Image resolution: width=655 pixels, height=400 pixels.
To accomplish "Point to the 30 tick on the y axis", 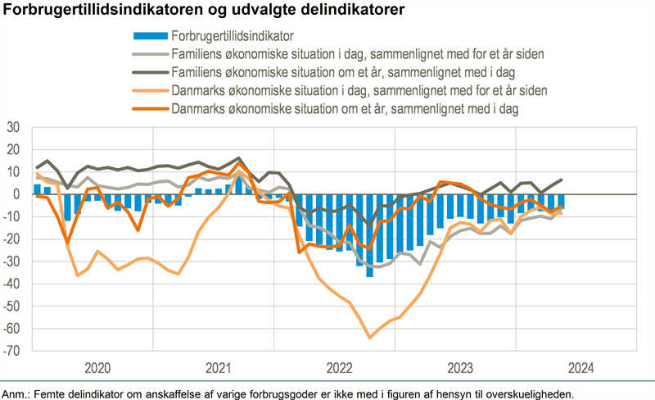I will pyautogui.click(x=16, y=127).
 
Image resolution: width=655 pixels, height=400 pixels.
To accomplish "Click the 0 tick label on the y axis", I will pyautogui.click(x=19, y=194).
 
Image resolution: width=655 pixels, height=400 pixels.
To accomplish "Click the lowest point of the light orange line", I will pyautogui.click(x=369, y=337).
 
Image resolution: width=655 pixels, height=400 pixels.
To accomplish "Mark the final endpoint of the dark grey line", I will pyautogui.click(x=561, y=180).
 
